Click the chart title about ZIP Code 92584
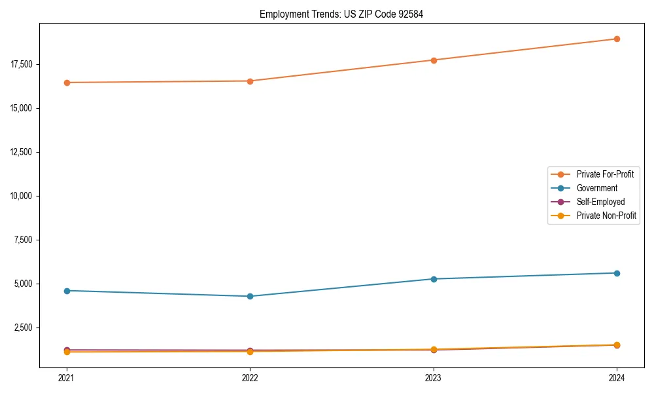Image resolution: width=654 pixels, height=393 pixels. coord(341,14)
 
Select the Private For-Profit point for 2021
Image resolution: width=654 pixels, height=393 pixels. coord(66,83)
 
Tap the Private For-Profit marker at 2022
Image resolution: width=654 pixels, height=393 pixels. coord(250,81)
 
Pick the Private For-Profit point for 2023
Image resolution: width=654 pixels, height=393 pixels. coord(434,60)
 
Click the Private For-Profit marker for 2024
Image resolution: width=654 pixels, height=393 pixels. coord(617,39)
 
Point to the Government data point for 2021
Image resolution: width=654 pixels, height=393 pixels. coord(66,291)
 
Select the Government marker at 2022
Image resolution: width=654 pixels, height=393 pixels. coord(250,296)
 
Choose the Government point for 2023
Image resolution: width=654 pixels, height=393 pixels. coord(434,279)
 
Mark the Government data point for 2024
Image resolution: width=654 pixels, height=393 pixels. coord(617,273)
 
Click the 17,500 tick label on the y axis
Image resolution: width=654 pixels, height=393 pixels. coord(22,64)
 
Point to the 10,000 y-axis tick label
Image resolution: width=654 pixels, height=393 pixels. coord(22,196)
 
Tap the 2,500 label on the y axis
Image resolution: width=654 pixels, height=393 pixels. coord(24,327)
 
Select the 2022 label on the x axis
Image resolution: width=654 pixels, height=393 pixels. coord(250,378)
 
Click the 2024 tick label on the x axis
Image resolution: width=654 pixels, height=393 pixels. coord(617,378)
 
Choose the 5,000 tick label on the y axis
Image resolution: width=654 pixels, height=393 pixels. coord(24,284)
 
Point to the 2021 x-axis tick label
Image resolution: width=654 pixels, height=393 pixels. coord(66,378)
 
